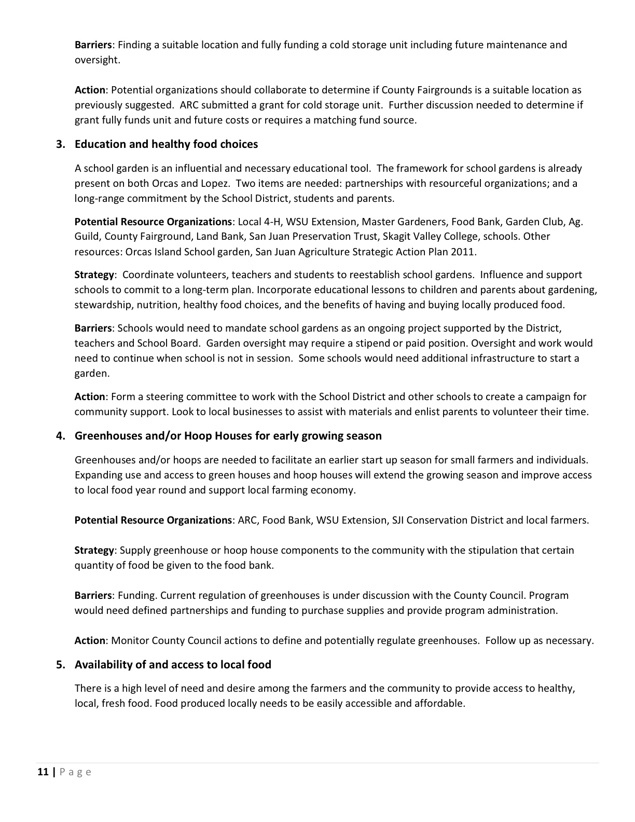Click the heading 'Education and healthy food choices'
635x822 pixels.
click(166, 144)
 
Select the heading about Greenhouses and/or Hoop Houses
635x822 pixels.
click(228, 436)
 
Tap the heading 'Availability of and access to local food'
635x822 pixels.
click(173, 665)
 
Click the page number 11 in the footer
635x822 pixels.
click(43, 772)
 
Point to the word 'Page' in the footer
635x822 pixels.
click(76, 772)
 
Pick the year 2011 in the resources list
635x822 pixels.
click(464, 252)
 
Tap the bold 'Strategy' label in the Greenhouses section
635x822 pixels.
click(94, 551)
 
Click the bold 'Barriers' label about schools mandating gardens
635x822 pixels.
click(93, 328)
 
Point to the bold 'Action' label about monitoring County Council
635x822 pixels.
click(90, 641)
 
